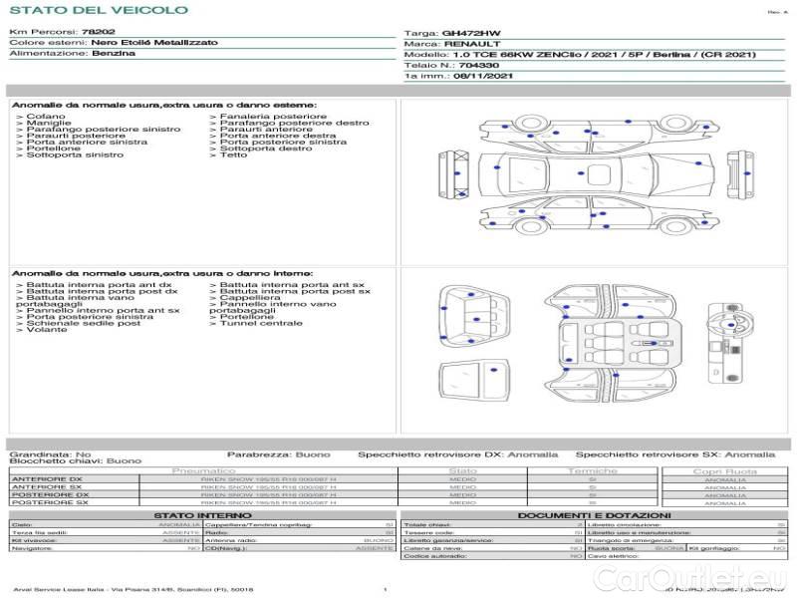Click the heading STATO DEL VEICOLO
(x=98, y=10)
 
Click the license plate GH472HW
(x=471, y=33)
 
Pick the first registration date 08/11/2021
(x=484, y=76)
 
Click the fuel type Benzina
(x=113, y=54)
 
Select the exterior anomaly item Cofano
(x=47, y=117)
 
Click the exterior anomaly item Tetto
(x=233, y=154)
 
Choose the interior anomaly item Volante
(x=47, y=330)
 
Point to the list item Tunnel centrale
(x=261, y=323)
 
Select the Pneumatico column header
(x=203, y=470)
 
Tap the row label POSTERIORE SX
(x=52, y=503)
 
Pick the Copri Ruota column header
(x=724, y=470)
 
